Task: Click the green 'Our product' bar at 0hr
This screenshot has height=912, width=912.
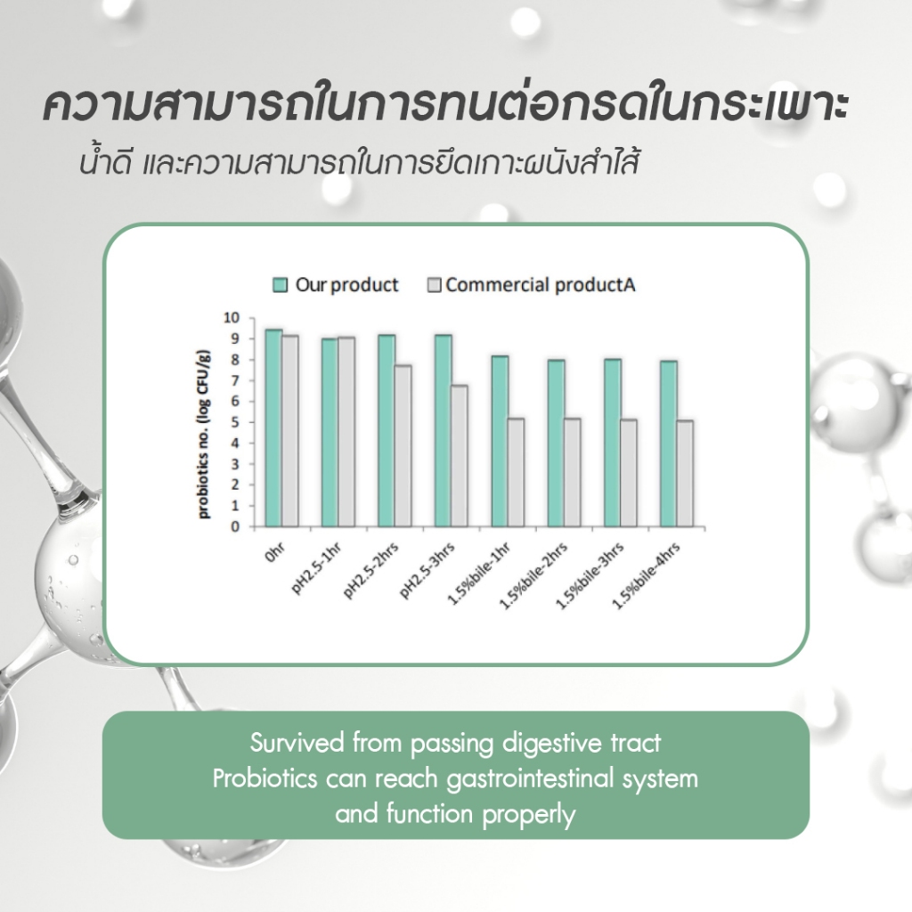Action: tap(273, 428)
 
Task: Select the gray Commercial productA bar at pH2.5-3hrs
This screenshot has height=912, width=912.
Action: tap(459, 456)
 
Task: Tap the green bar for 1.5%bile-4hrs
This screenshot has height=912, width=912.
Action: tap(668, 444)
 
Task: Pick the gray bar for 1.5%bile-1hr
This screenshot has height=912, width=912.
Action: tap(516, 472)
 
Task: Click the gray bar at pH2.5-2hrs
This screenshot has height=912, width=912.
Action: tap(403, 446)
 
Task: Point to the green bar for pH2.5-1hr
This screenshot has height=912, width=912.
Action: tap(330, 433)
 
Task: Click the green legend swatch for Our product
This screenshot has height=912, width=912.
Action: tap(281, 285)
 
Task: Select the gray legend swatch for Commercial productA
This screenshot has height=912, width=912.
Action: tap(435, 285)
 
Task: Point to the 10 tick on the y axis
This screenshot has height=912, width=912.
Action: tap(232, 318)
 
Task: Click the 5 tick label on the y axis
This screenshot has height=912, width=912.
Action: tap(235, 422)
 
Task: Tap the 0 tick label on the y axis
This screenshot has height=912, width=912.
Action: tap(235, 527)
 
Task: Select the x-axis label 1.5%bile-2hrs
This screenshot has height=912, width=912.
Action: tap(533, 575)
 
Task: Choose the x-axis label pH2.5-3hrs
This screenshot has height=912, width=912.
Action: tap(427, 569)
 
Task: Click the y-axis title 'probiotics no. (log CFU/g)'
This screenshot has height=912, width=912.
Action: tap(202, 435)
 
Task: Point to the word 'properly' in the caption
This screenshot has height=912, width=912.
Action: tap(529, 815)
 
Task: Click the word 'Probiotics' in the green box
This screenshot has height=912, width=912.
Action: tap(265, 778)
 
